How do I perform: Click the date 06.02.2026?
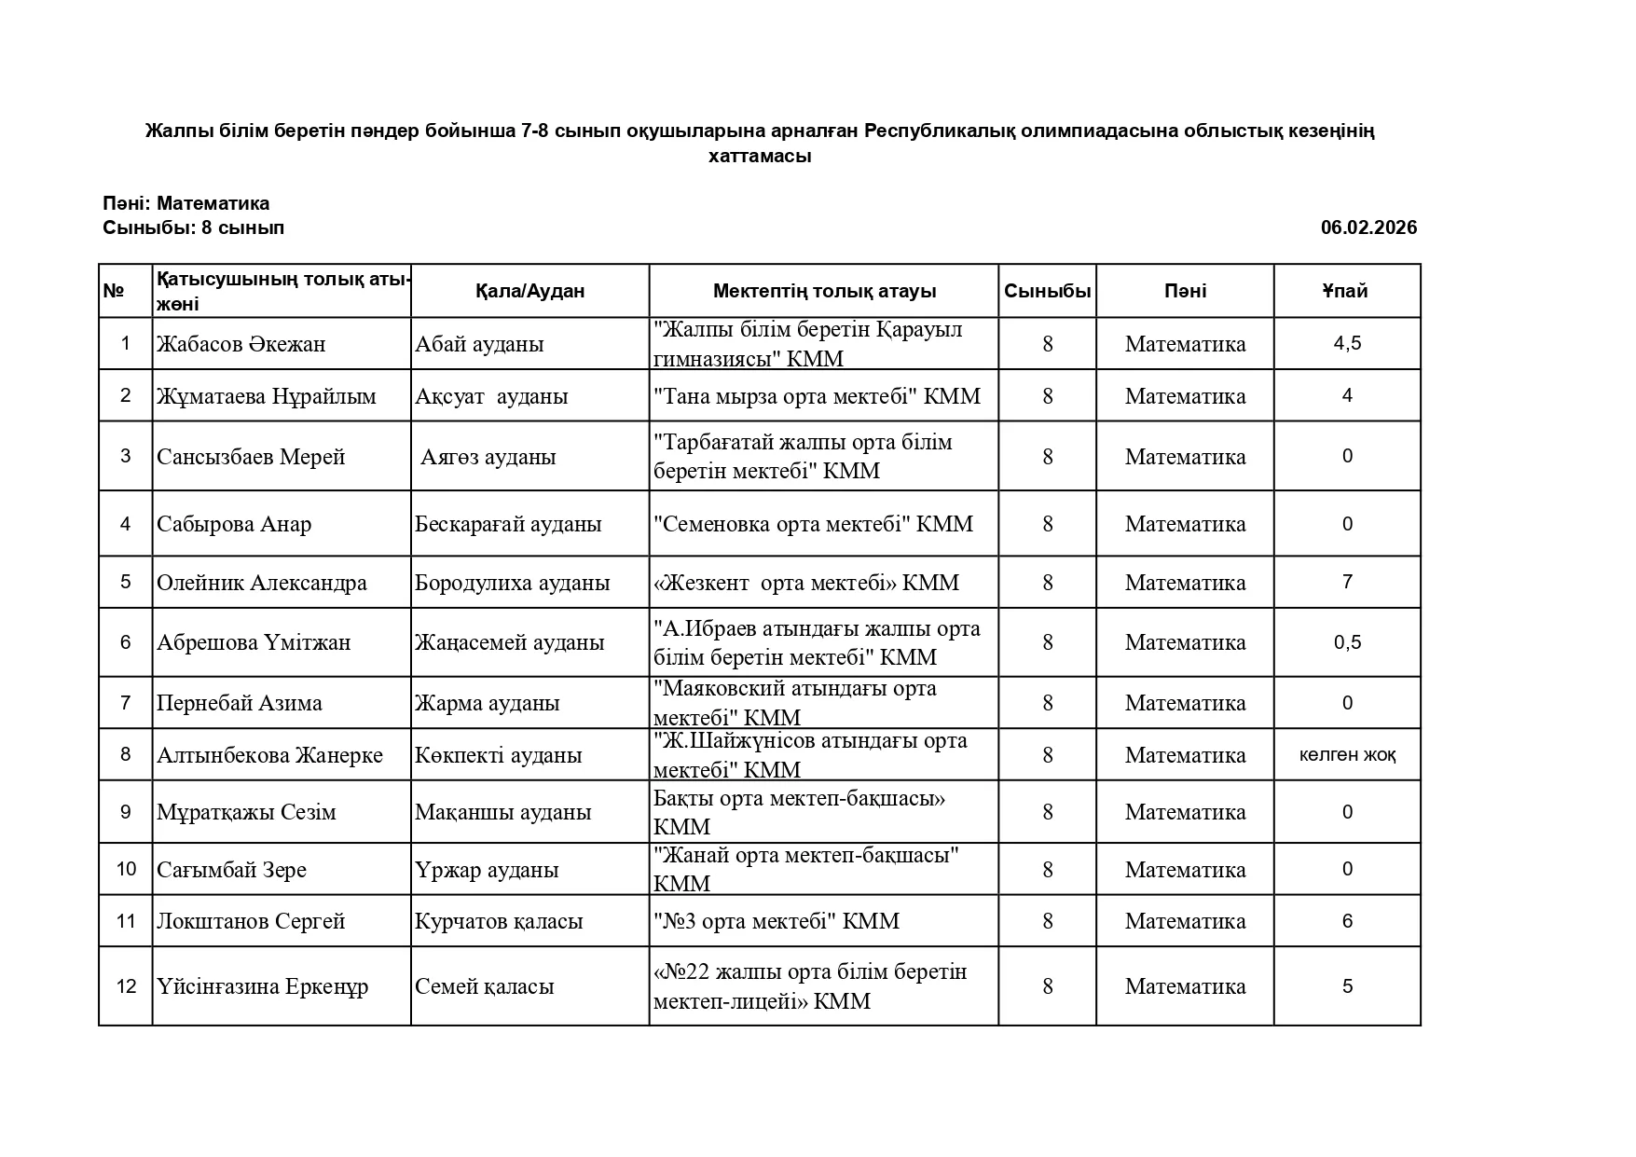(1368, 227)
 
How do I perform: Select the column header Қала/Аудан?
(529, 291)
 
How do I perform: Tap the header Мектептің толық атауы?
(823, 291)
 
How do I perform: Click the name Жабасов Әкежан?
(241, 344)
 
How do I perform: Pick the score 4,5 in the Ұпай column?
(1347, 343)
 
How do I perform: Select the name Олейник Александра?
(261, 583)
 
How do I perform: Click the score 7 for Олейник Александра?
(1347, 582)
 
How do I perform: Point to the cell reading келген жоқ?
(1347, 754)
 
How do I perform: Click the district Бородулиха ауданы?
(512, 583)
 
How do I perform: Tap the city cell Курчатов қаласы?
(499, 921)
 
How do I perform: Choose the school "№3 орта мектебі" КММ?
(777, 921)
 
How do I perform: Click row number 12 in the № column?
(126, 986)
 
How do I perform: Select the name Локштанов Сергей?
(251, 921)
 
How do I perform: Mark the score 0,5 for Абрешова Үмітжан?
(1347, 642)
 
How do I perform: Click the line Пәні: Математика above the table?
(186, 203)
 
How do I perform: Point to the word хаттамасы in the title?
(759, 156)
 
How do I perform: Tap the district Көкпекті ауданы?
(498, 755)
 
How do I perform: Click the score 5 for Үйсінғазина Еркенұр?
(1347, 986)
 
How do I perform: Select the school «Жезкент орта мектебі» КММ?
(806, 583)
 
